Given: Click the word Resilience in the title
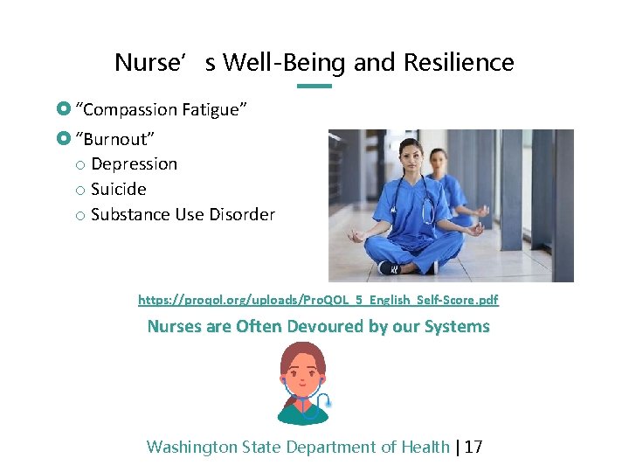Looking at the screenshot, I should coord(469,63).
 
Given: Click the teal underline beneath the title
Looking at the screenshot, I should coord(314,86).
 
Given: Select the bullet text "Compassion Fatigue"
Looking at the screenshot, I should coord(162,109).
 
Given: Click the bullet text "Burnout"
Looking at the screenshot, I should coord(115,139).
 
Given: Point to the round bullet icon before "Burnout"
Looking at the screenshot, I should coord(61,139).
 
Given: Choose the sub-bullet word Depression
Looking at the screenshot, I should coord(134,164).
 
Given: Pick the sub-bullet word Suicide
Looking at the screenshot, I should coord(118,190).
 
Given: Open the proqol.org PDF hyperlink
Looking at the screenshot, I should coord(318,300).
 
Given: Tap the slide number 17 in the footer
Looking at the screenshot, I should coord(473,448).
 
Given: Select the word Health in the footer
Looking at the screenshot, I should coord(425,448).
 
